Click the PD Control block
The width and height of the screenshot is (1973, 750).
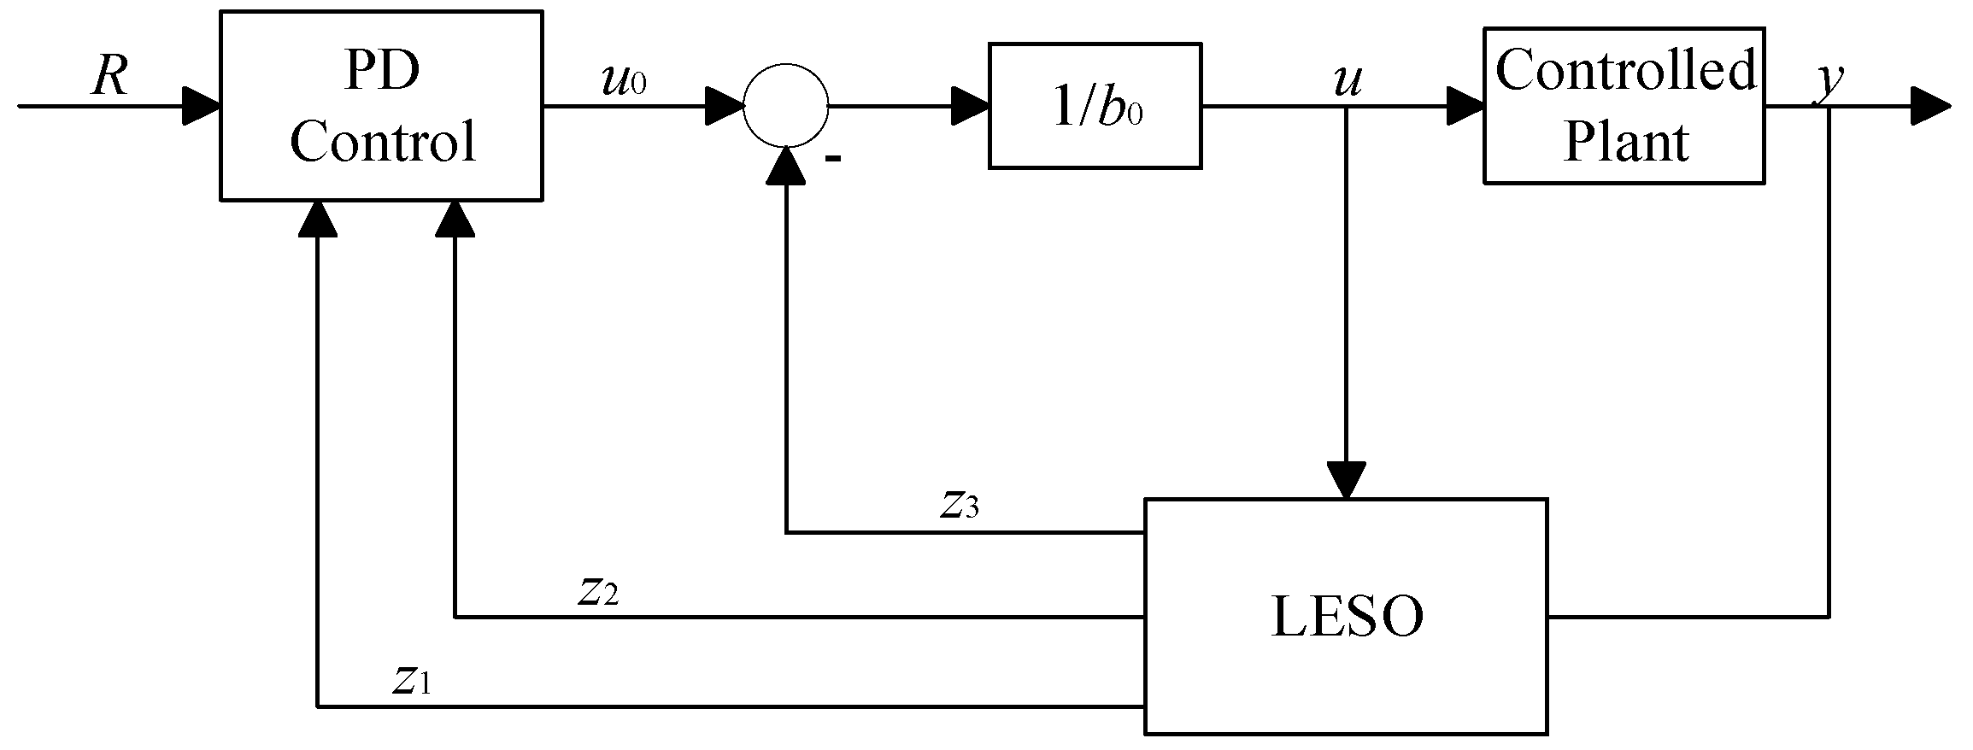pyautogui.click(x=381, y=106)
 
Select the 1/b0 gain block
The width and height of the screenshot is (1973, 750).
pyautogui.click(x=1095, y=106)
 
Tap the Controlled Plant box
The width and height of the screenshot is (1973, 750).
pyautogui.click(x=1624, y=106)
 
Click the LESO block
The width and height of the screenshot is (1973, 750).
pyautogui.click(x=1346, y=616)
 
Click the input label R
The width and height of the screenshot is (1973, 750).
pyautogui.click(x=109, y=77)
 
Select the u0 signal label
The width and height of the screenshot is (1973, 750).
pyautogui.click(x=623, y=80)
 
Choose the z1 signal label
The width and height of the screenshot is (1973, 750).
pyautogui.click(x=410, y=679)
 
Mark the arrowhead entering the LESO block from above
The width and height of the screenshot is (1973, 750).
pyautogui.click(x=1346, y=481)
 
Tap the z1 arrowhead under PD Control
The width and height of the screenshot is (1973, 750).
pyautogui.click(x=317, y=219)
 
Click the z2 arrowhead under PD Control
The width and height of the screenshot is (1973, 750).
pyautogui.click(x=455, y=219)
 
